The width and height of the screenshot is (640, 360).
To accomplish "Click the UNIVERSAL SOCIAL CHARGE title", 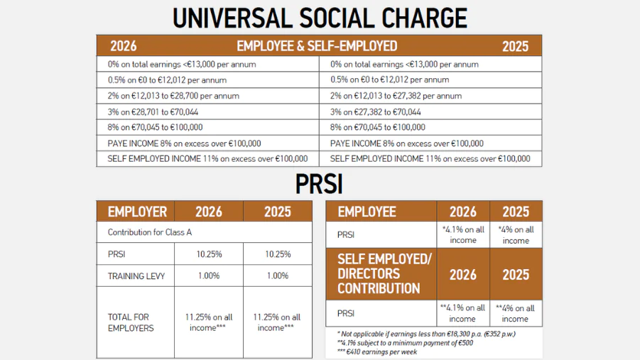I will [320, 17].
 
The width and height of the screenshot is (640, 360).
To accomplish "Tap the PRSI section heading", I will [319, 185].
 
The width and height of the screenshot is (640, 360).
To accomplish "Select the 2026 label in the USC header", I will [124, 46].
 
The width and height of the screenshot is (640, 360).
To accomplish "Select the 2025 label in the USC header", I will [515, 46].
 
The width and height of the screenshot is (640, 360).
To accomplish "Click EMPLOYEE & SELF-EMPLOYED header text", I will [317, 46].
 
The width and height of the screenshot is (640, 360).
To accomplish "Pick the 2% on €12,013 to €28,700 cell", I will [173, 96].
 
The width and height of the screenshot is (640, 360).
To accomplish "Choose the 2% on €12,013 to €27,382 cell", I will [396, 96].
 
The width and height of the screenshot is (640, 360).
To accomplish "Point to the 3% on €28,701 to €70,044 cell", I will [153, 112].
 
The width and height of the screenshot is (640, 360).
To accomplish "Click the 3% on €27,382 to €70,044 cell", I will [375, 112].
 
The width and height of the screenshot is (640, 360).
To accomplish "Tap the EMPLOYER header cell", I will [137, 212].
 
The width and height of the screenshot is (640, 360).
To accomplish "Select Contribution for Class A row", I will [150, 232].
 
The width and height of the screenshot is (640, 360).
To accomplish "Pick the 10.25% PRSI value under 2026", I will [209, 254].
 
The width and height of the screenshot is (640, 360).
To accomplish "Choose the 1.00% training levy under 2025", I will [277, 276].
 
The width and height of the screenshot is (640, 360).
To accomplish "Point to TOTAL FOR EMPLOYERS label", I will [131, 322].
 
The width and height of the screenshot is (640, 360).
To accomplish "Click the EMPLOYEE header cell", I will [367, 212].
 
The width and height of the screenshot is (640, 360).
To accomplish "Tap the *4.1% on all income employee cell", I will [463, 235].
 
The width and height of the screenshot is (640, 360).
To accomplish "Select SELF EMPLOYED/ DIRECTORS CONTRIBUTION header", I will [384, 274].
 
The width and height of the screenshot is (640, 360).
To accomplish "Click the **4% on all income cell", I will [516, 313].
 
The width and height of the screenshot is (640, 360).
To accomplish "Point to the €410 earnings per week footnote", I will [379, 351].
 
